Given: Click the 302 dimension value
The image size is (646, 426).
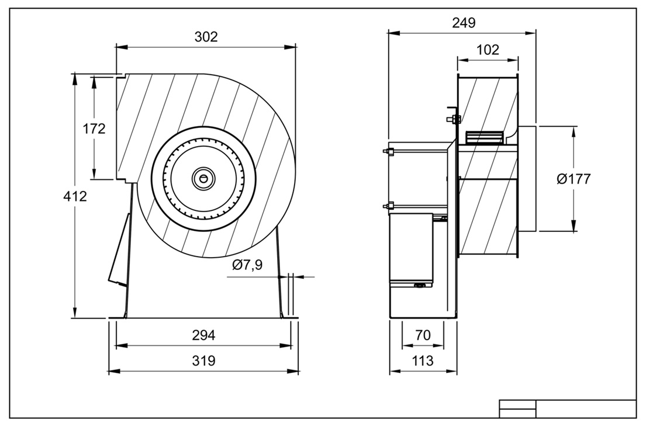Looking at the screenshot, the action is [x=206, y=37].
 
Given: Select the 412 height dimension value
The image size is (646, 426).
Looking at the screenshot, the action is [x=75, y=196].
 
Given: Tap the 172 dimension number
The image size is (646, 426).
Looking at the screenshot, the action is [x=94, y=129].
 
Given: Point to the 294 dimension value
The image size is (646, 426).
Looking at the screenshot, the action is [x=203, y=335].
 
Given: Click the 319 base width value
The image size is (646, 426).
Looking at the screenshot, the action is [x=203, y=361].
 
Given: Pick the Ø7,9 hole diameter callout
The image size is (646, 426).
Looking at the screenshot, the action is [x=247, y=265].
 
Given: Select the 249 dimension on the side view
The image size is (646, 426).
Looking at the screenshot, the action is [x=464, y=23].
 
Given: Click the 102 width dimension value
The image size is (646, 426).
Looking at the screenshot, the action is [x=488, y=50].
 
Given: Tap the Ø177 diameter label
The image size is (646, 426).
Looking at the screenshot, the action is [x=574, y=179].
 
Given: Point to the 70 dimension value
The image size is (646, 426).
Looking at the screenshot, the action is [x=423, y=335].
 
